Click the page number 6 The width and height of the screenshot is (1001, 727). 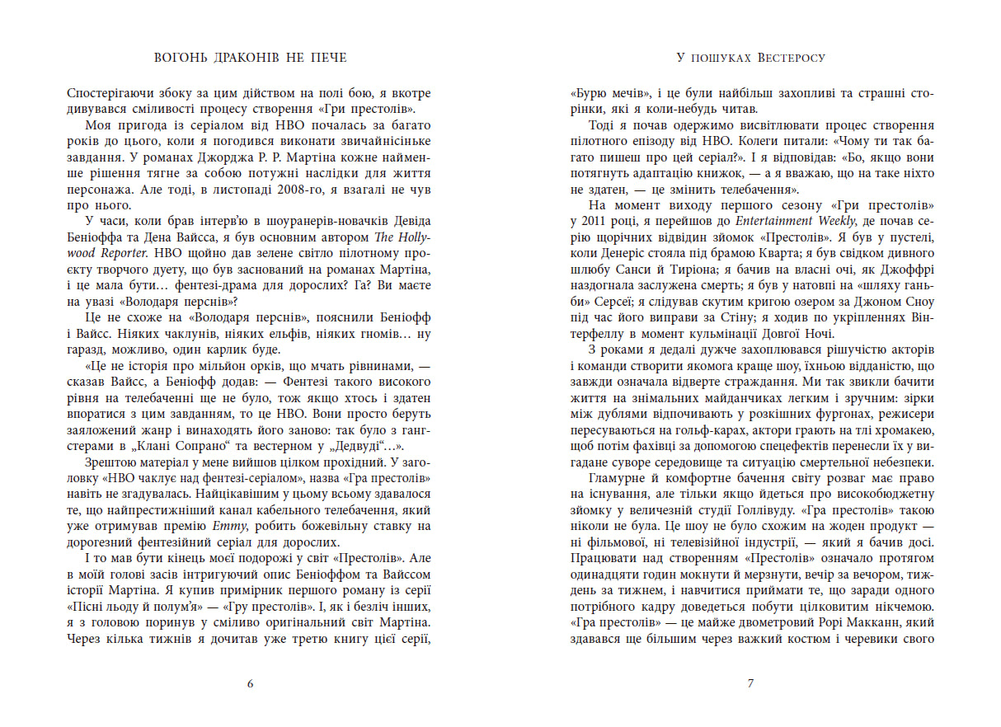point(250,683)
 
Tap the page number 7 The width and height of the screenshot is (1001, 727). point(750,683)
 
